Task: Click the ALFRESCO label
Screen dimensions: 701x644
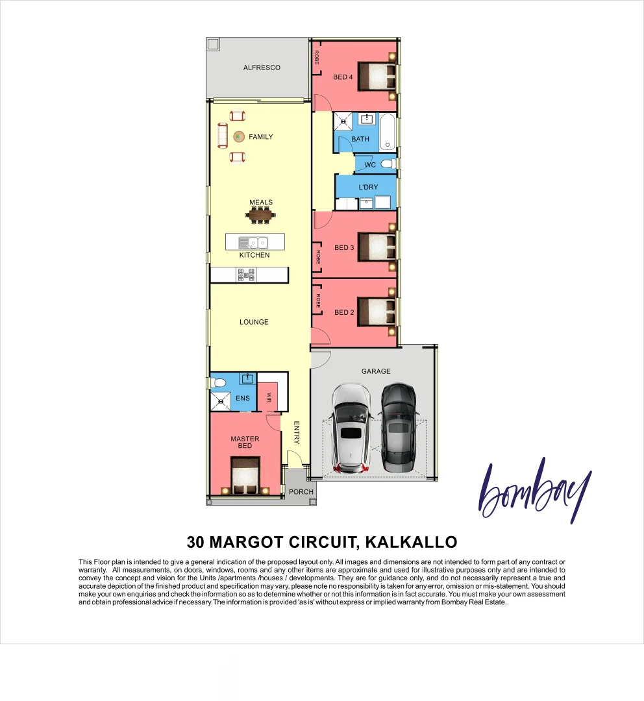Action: coord(262,68)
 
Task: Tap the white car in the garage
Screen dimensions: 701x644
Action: coord(351,428)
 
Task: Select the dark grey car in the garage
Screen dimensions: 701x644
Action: coord(397,427)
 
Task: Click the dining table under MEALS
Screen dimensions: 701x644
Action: coord(260,215)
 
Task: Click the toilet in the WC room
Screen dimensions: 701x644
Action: coord(388,164)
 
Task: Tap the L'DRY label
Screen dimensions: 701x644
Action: coord(368,188)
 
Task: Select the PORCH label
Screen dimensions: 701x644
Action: coord(301,492)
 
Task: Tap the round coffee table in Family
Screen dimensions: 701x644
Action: coord(238,136)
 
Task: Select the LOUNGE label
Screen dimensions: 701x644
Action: coord(254,322)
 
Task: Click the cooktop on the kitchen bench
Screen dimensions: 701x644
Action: coord(247,275)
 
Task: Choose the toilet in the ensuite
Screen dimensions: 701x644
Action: coord(219,382)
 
